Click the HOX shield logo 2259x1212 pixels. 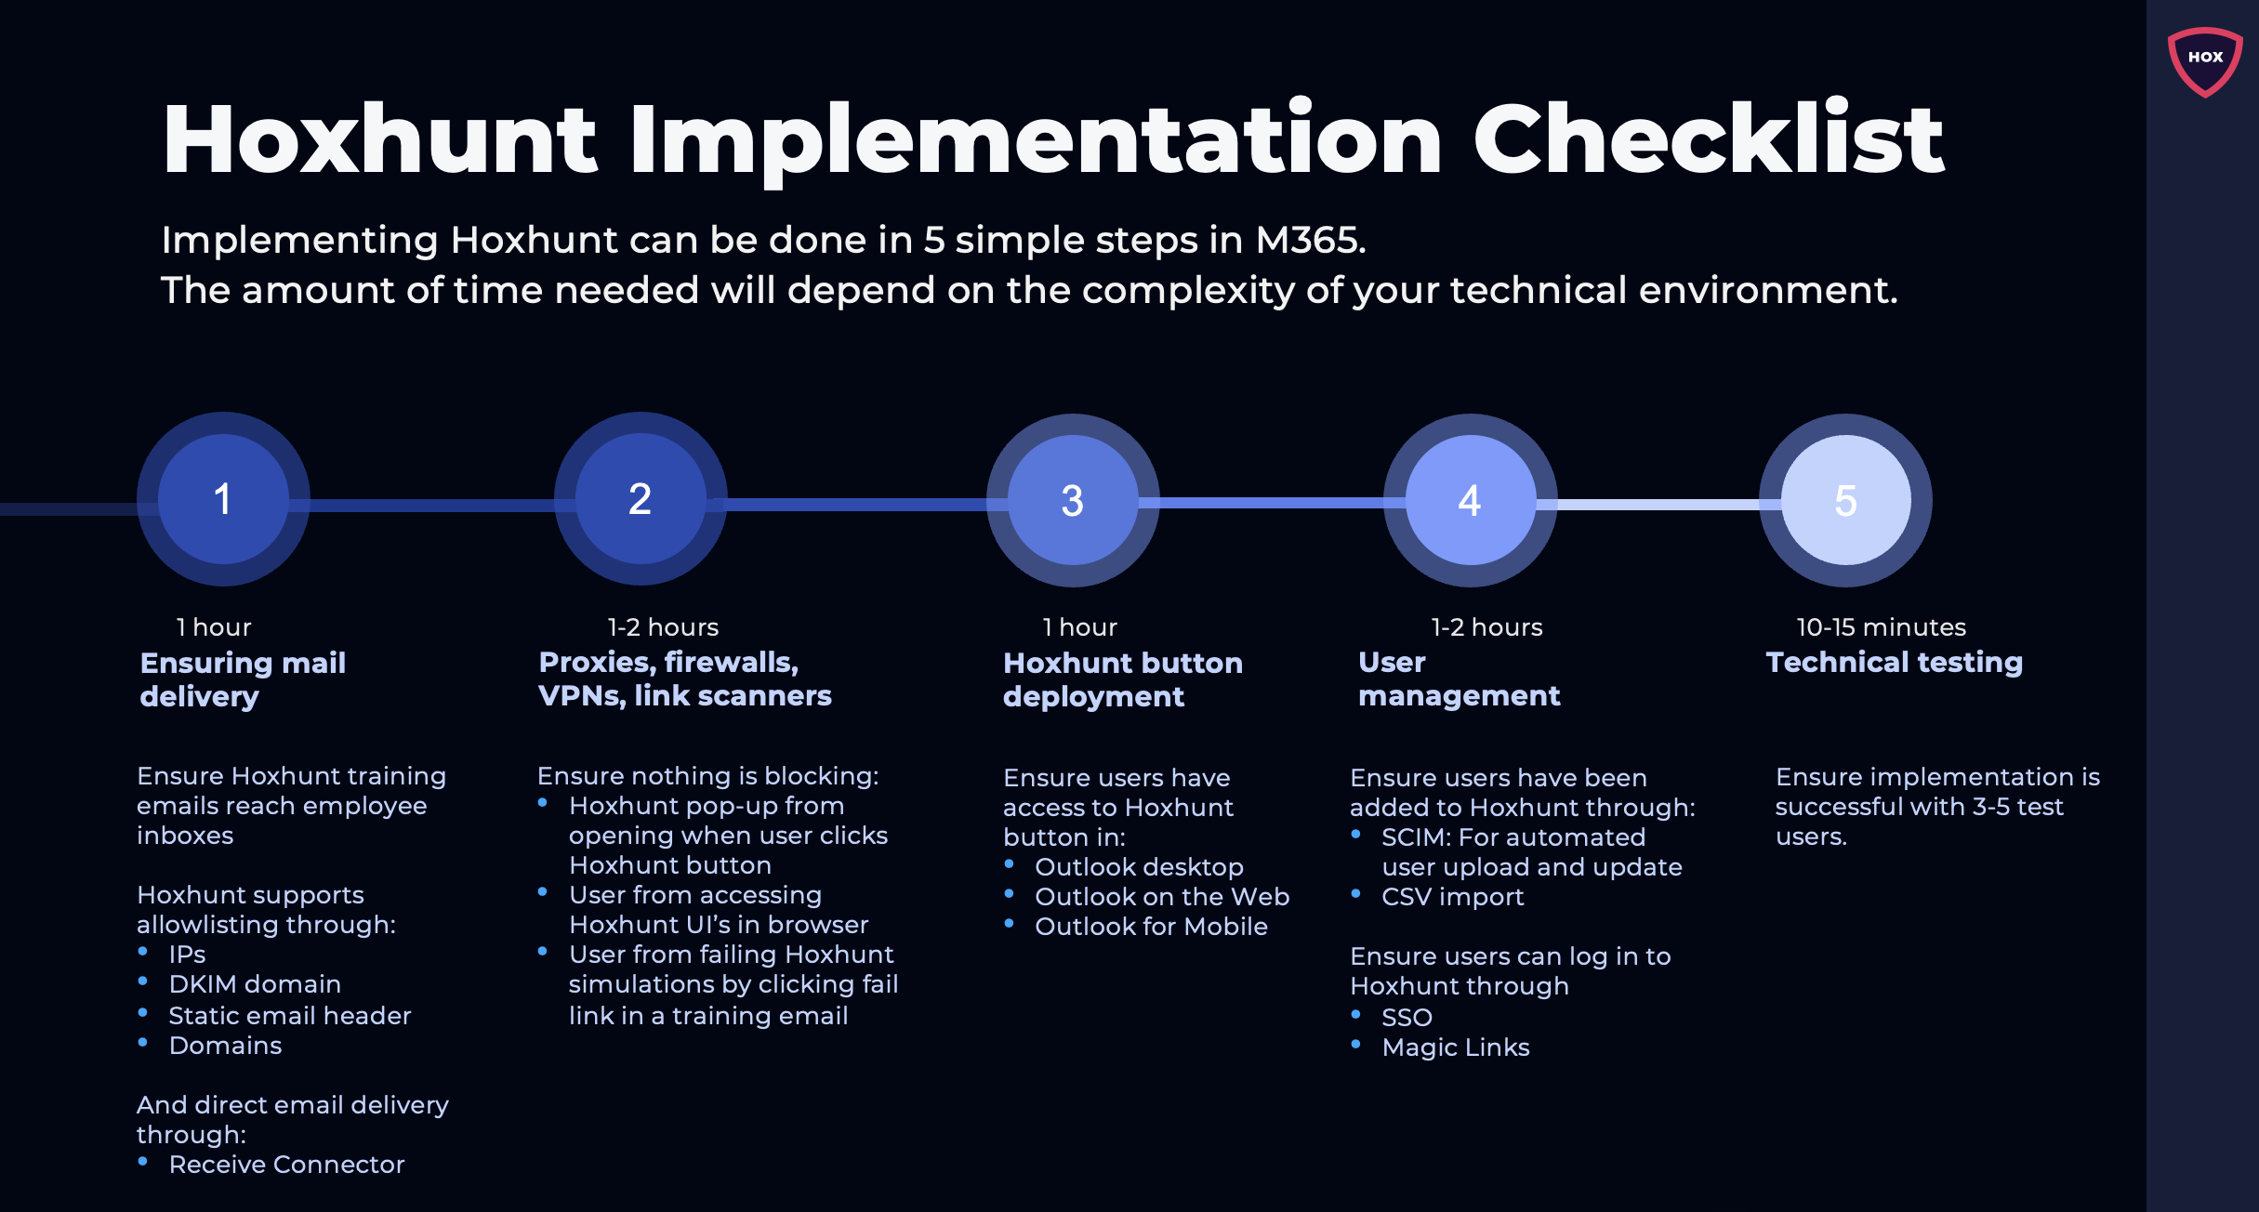tap(2204, 60)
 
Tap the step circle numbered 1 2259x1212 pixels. tap(223, 499)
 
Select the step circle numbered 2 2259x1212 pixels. tap(641, 499)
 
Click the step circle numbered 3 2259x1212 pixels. tap(1073, 500)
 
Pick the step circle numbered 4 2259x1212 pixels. tap(1470, 500)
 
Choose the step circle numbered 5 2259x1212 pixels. tap(1845, 500)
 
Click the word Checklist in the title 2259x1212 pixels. tap(1708, 139)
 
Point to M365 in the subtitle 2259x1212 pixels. tap(1310, 241)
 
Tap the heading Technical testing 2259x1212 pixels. tap(1894, 662)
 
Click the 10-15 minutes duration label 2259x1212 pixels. tap(1881, 627)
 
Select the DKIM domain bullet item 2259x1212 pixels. tap(255, 984)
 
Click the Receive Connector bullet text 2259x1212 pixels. tap(286, 1165)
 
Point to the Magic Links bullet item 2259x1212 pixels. tap(1455, 1047)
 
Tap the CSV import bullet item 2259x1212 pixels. tap(1452, 897)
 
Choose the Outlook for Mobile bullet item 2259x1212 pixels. tap(1151, 927)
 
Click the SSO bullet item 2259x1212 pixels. tap(1407, 1018)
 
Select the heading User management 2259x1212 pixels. tap(1458, 679)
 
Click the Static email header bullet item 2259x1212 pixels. tap(289, 1016)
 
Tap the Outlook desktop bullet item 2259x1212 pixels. tap(1139, 867)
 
